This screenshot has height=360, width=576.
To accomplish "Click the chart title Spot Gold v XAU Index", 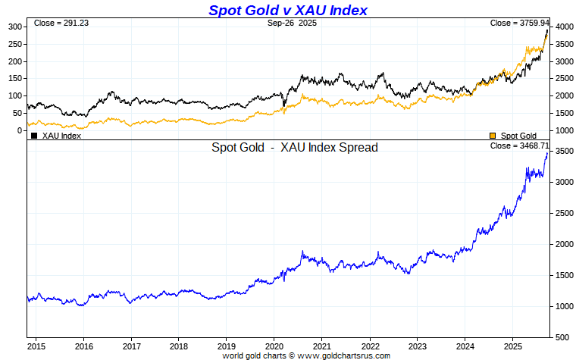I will click(x=287, y=10).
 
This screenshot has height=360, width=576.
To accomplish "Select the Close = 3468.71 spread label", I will click(x=519, y=146).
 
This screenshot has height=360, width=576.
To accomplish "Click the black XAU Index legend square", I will click(x=34, y=136).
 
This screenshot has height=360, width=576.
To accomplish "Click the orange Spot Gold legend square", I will click(x=493, y=136).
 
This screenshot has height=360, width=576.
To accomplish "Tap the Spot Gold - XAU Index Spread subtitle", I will click(x=295, y=148).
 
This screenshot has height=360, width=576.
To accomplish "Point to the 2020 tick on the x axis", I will click(x=274, y=345).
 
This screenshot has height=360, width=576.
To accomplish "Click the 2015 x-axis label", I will click(x=36, y=345).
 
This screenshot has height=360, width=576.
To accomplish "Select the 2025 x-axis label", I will click(x=512, y=345).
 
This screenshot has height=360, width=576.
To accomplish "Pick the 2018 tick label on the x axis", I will click(x=179, y=345).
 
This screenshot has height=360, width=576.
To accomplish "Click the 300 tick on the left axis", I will click(x=14, y=27).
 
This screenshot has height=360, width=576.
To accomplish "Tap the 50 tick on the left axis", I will click(x=17, y=113).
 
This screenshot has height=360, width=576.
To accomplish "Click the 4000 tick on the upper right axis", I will click(x=562, y=27).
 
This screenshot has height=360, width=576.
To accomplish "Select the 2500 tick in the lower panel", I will click(x=562, y=214).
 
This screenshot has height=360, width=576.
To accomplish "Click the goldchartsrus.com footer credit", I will click(x=306, y=355).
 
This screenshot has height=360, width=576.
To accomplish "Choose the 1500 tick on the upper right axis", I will click(x=562, y=113).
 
